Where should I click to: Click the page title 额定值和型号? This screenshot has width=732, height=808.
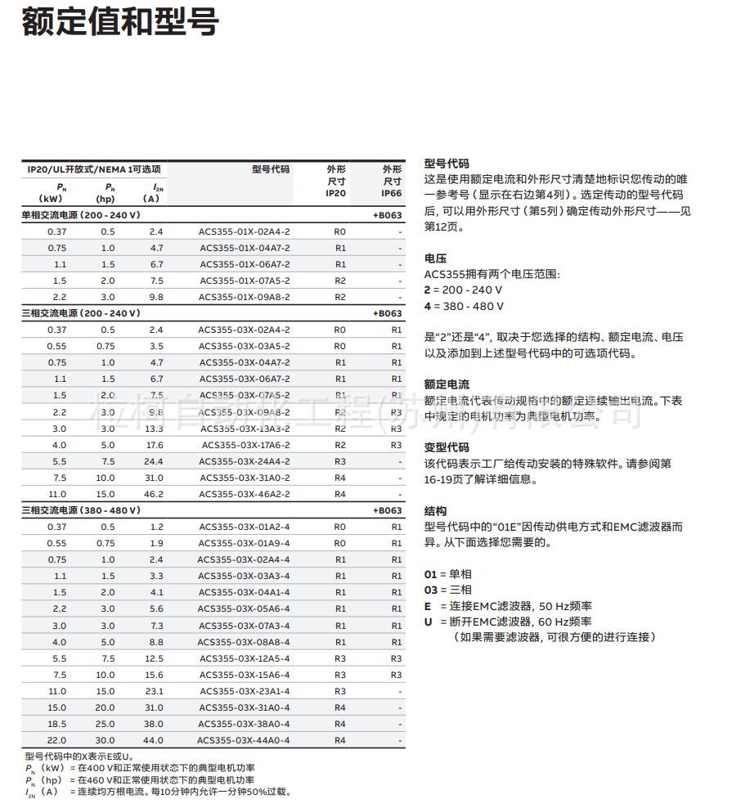(x=119, y=22)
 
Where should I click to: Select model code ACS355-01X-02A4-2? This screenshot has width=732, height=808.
(x=244, y=231)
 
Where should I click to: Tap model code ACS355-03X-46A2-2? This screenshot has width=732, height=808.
(x=244, y=494)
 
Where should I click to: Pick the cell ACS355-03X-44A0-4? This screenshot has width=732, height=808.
(x=244, y=740)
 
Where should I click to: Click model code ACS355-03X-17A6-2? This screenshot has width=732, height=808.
(x=244, y=445)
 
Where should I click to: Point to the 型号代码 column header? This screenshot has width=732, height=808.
(x=270, y=169)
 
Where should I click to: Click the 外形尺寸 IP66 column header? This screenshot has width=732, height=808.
(x=392, y=181)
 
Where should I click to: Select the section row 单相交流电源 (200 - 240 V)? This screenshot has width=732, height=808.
(x=81, y=215)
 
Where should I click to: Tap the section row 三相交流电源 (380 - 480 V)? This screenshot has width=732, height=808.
(x=81, y=510)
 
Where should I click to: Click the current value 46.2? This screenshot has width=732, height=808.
(x=154, y=494)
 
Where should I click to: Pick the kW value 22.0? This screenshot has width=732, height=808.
(x=57, y=740)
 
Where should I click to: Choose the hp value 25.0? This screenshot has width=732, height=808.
(x=106, y=724)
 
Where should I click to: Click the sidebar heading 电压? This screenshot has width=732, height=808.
(x=435, y=258)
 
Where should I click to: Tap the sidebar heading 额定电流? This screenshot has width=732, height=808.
(x=447, y=384)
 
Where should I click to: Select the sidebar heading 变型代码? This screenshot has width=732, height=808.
(x=447, y=447)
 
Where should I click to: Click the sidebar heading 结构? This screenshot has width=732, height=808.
(x=435, y=510)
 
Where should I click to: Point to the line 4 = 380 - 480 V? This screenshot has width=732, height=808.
(x=464, y=306)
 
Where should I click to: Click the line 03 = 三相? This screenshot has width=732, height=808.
(x=447, y=590)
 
